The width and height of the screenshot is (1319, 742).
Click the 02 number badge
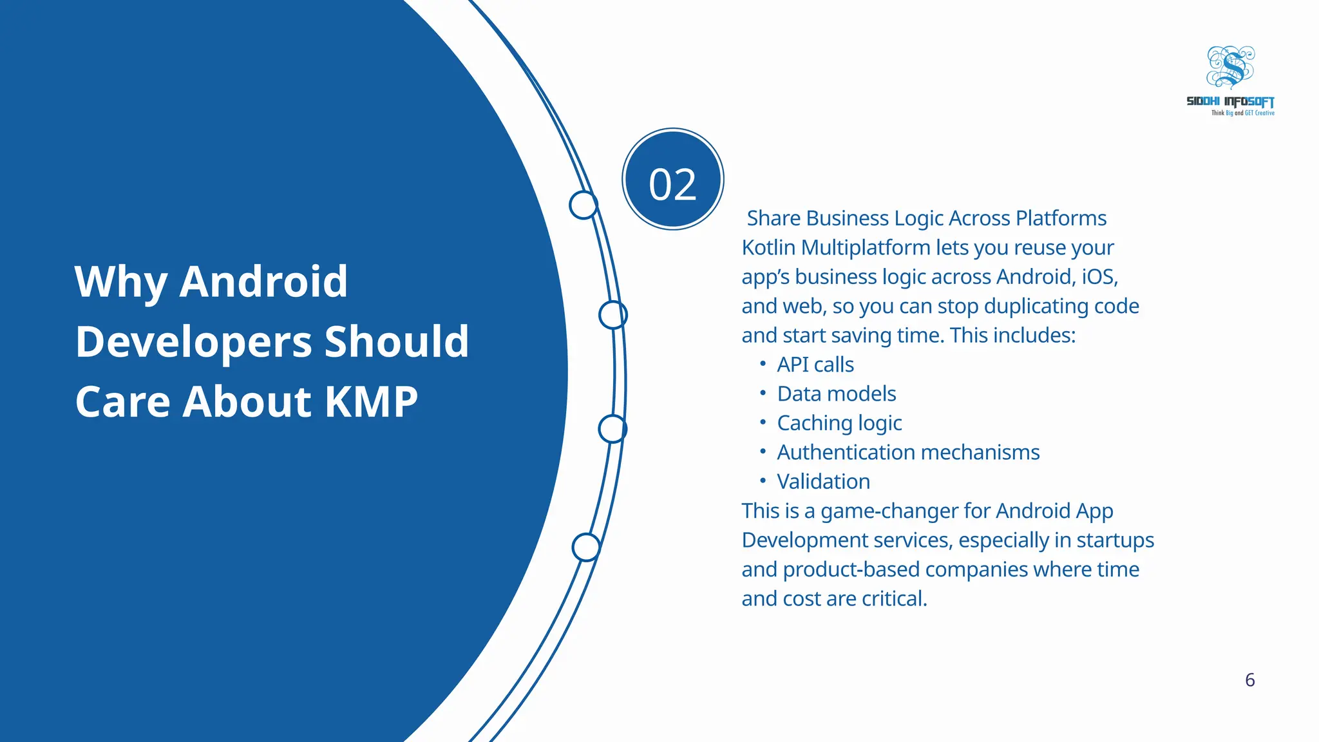673,179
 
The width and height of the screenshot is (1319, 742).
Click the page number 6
1249,680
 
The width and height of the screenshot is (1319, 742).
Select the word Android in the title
263,281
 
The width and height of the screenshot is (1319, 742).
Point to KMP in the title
371,401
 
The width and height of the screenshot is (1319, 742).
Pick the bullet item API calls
815,365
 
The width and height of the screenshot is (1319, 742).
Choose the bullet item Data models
837,394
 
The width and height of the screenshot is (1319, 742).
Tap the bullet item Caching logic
839,423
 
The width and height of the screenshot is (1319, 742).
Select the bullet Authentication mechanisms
908,452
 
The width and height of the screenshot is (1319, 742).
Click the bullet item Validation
823,482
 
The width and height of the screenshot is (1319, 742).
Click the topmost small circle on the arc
584,205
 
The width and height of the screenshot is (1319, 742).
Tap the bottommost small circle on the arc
586,547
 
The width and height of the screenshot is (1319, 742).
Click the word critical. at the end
895,599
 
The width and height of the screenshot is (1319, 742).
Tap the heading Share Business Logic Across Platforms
926,218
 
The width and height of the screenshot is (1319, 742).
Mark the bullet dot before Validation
763,480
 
